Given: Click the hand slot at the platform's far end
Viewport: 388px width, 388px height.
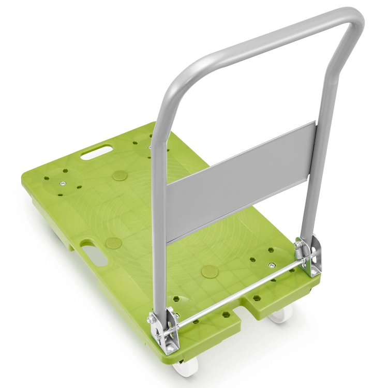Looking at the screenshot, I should [x=97, y=151].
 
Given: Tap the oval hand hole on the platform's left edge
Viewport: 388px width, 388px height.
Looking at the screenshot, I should [x=93, y=256].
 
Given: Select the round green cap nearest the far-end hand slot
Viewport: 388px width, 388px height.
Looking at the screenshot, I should [x=120, y=175].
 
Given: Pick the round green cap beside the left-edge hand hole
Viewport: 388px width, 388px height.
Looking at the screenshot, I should [x=113, y=242].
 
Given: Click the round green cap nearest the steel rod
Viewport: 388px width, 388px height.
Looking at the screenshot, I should [x=210, y=271].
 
